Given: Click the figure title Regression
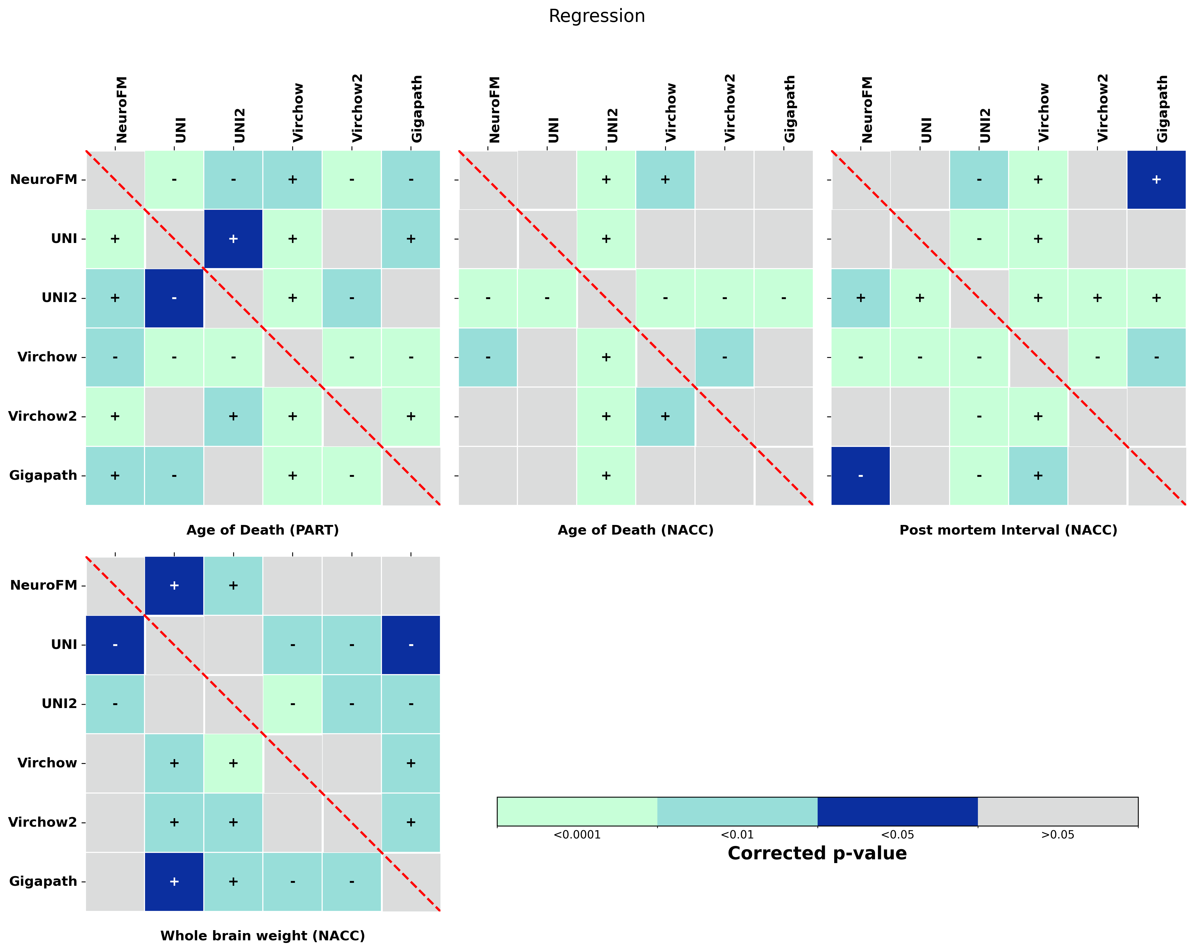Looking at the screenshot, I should [596, 16].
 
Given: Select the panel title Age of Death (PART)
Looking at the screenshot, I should [263, 530].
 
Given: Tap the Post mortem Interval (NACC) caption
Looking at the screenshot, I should [1008, 530].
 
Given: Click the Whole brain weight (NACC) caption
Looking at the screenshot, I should [263, 935].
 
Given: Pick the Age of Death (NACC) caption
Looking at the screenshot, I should [635, 530].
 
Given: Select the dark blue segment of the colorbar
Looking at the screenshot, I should [897, 811].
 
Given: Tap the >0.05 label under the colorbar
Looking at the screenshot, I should [1057, 835].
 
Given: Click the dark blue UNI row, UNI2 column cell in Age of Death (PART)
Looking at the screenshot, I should [233, 239].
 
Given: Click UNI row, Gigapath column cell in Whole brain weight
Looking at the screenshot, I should [410, 644].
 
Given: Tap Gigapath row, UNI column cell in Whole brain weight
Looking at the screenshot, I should [174, 881].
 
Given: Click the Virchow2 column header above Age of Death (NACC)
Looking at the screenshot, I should [730, 108].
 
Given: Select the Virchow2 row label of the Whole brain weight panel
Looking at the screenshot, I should [43, 822].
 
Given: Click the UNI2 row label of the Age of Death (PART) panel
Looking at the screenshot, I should [59, 297].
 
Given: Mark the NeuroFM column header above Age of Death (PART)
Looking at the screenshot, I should [121, 110].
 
